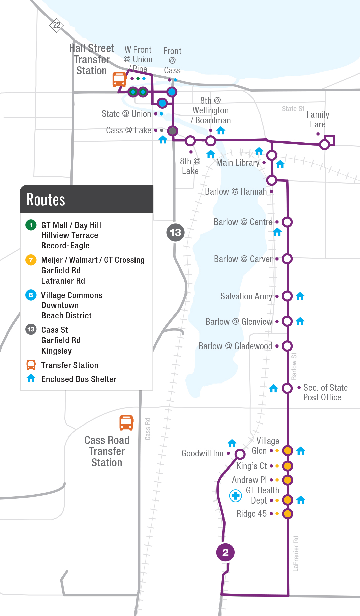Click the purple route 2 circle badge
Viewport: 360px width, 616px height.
(x=225, y=552)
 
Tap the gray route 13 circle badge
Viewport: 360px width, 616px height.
(x=175, y=232)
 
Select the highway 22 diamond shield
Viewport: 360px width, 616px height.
(x=57, y=25)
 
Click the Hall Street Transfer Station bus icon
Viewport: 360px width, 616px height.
(x=119, y=80)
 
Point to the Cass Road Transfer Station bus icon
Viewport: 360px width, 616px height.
(x=126, y=422)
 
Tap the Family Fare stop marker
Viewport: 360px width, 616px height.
(x=324, y=145)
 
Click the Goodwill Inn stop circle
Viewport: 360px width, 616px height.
(x=240, y=454)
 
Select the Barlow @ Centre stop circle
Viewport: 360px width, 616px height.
(x=287, y=222)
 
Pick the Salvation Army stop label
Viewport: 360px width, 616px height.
(x=246, y=296)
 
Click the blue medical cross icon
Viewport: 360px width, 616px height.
(x=236, y=496)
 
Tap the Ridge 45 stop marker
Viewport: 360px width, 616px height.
(x=287, y=513)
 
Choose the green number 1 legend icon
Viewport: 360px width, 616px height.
(x=31, y=225)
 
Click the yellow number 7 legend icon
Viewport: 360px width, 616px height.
(x=31, y=260)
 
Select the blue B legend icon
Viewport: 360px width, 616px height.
(x=31, y=295)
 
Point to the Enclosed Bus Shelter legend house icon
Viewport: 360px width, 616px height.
(x=31, y=378)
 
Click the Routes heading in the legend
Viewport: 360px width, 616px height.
(x=46, y=200)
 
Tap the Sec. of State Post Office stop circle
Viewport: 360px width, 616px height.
(x=287, y=388)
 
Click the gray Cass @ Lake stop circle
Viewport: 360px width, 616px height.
(x=172, y=131)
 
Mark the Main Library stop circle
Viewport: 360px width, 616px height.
(x=272, y=155)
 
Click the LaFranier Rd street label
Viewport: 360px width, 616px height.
(x=296, y=553)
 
